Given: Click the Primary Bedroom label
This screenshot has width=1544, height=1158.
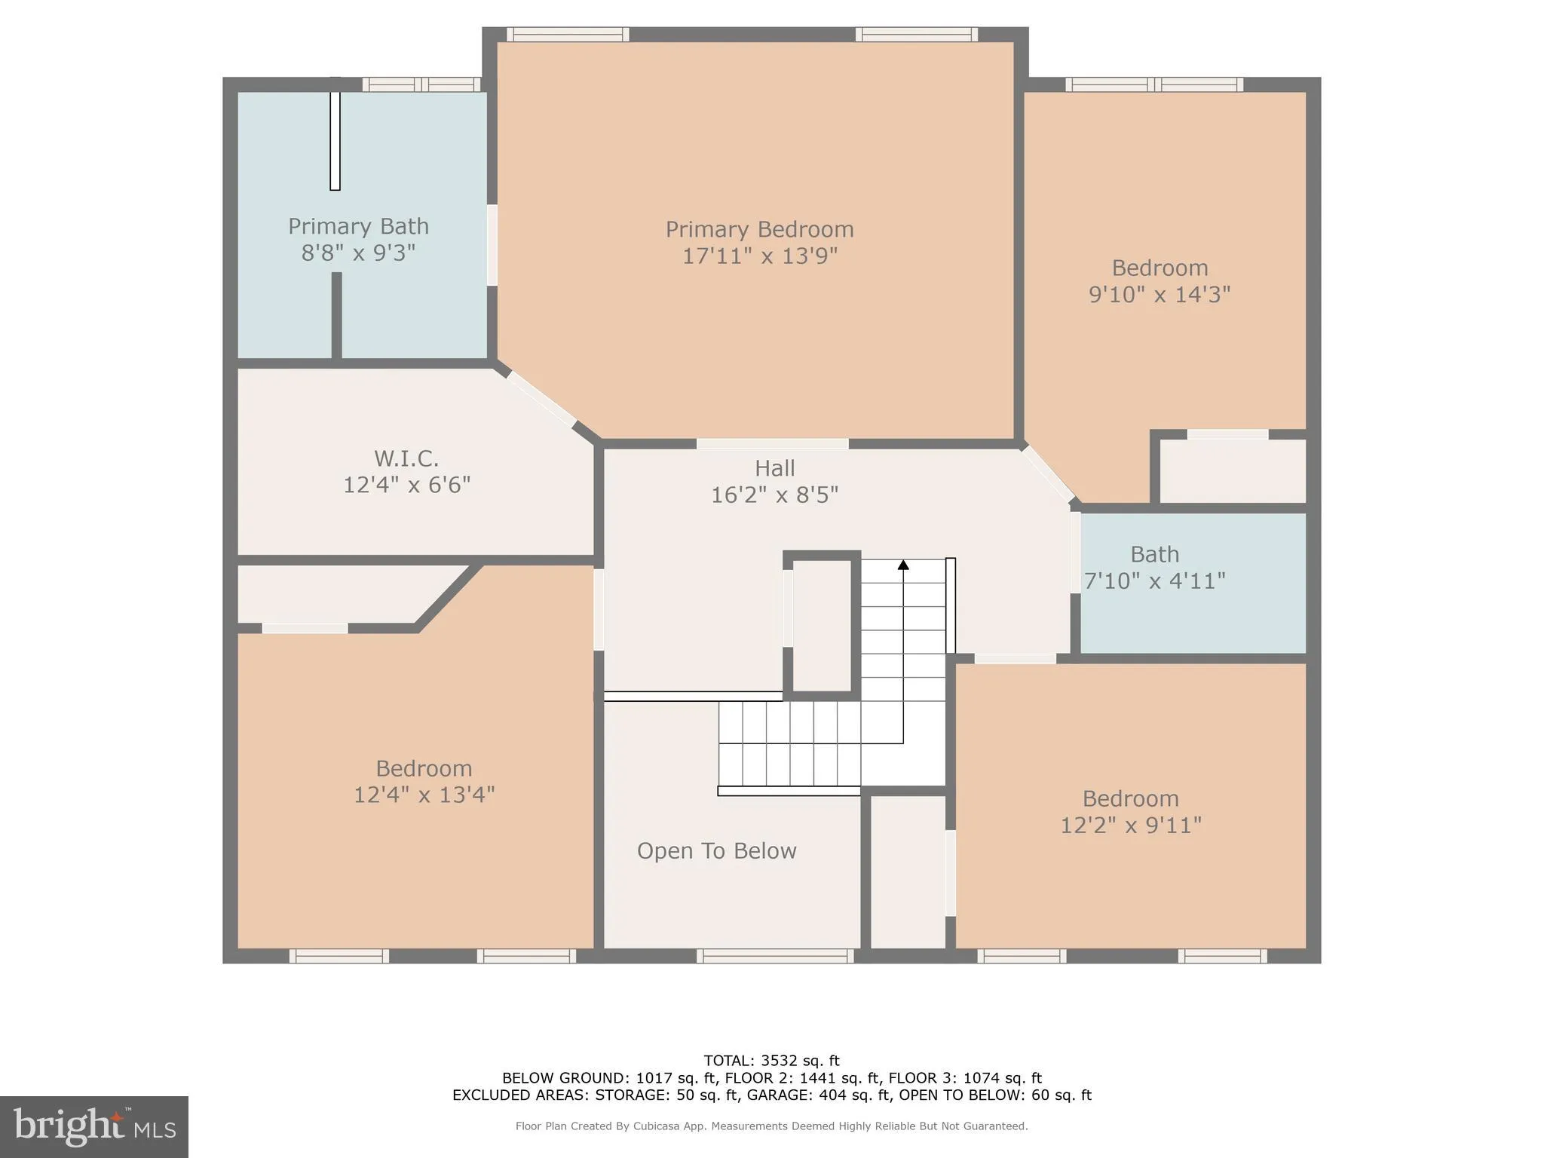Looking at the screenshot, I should [759, 229].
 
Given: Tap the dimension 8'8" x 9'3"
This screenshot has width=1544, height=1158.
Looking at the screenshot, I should [358, 253].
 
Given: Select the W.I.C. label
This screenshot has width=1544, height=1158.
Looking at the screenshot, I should [406, 458].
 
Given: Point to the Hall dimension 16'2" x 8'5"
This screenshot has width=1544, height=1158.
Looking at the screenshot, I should [774, 495].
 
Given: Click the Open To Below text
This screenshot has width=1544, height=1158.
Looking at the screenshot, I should [716, 851].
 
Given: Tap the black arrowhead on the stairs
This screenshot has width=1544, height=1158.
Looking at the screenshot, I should [903, 565].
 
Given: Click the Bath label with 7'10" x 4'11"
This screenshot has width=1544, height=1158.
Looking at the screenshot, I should [1154, 555].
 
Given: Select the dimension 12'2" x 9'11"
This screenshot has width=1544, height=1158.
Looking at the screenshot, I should [1130, 826].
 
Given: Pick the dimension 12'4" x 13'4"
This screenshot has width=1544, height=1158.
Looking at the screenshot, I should [424, 795].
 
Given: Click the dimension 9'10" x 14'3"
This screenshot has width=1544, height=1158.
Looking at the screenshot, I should [1159, 294].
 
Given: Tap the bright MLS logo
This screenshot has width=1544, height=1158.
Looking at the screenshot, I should [93, 1126].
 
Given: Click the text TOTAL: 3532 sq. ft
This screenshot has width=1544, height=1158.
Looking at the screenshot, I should [771, 1061].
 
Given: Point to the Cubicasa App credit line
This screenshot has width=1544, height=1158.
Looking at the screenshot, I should [771, 1126].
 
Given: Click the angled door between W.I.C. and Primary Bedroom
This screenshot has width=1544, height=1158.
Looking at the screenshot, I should [542, 400].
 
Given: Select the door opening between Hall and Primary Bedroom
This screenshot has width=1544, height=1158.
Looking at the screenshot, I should [772, 444].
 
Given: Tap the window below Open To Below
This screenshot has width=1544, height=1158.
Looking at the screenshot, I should [775, 956].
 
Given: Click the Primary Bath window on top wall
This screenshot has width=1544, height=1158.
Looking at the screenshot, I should [421, 84].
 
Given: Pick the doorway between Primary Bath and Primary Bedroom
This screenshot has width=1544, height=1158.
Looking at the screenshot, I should [492, 245].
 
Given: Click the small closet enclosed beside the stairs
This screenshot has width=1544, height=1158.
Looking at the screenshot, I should [822, 625].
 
